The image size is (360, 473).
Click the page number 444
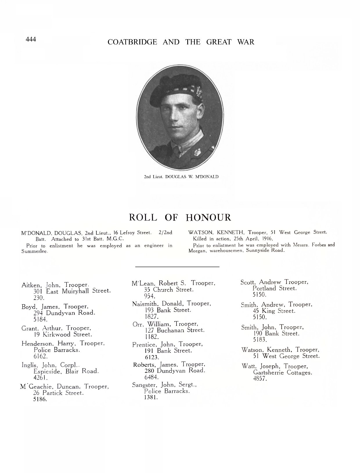tap(31, 39)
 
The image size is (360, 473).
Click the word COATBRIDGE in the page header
tap(132, 42)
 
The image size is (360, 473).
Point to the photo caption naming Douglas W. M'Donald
tap(181, 177)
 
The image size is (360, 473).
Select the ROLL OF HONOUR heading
tap(180, 217)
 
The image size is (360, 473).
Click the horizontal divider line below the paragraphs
tap(177, 267)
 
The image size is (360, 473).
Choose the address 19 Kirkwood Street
tap(63, 334)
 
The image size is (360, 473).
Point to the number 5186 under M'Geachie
tap(40, 399)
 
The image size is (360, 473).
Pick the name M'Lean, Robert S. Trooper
tap(173, 283)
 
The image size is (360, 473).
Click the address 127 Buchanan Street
tap(174, 330)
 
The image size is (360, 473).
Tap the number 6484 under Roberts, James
tap(151, 377)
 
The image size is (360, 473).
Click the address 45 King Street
tap(274, 311)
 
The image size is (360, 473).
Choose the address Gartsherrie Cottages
tap(282, 373)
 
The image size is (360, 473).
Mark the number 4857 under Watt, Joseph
tap(260, 379)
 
